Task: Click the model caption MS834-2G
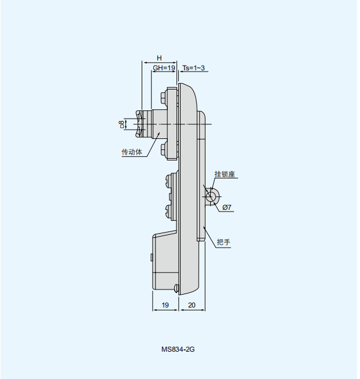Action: click(x=178, y=349)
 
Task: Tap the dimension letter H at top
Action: click(x=159, y=58)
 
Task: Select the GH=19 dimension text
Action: click(x=164, y=68)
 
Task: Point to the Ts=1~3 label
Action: click(x=193, y=68)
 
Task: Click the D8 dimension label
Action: click(x=122, y=124)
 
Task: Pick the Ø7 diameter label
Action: click(x=226, y=208)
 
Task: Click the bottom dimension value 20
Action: click(x=192, y=305)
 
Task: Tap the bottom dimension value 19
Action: click(x=165, y=305)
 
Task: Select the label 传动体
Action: click(x=132, y=152)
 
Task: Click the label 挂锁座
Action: click(x=225, y=174)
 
